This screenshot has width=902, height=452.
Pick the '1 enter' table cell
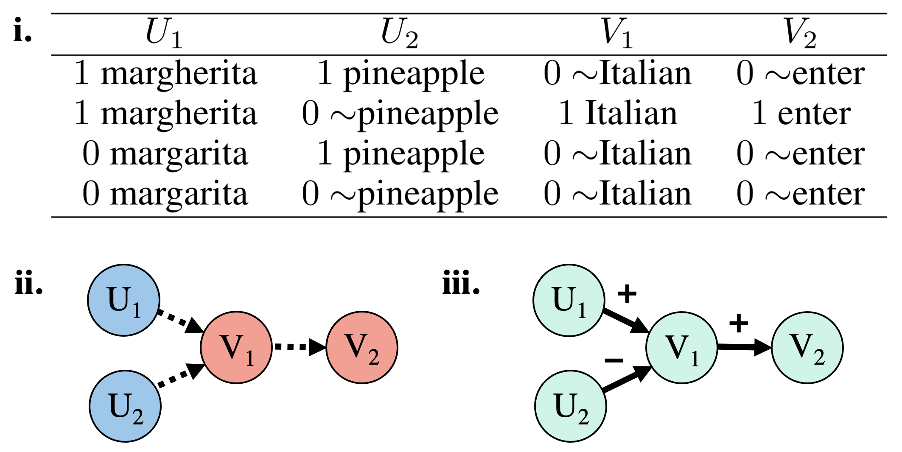tap(801, 113)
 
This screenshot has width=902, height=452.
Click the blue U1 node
tap(123, 300)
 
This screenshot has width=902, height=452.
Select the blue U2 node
tap(125, 406)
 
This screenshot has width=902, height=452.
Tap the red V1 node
tap(236, 347)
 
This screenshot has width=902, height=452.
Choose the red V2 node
tap(362, 347)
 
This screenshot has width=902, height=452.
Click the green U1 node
tap(569, 300)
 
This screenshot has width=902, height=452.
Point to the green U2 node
tap(571, 406)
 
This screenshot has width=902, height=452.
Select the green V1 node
tap(682, 348)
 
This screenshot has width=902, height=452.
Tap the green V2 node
tap(807, 348)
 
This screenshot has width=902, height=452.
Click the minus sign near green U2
tap(614, 360)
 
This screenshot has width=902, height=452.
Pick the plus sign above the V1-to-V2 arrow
tap(739, 324)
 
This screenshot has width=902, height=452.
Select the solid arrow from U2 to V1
tap(626, 379)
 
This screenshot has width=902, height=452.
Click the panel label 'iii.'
tap(461, 283)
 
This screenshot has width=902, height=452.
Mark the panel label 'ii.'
tap(28, 283)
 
